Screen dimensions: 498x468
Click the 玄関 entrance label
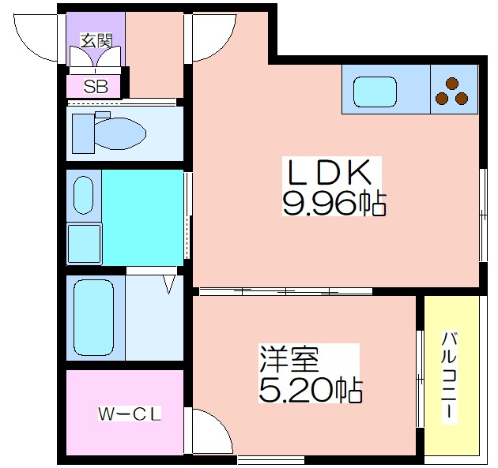(x=96, y=40)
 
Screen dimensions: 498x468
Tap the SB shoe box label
(x=96, y=86)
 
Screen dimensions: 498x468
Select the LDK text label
(x=330, y=173)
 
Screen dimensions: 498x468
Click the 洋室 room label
(x=289, y=358)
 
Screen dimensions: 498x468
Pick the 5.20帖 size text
(x=311, y=389)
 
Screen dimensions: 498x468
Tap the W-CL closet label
(x=130, y=414)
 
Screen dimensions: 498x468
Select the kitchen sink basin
(x=375, y=92)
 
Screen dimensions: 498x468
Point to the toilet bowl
(x=121, y=133)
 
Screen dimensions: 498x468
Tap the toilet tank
(x=84, y=133)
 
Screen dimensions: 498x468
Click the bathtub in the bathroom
(x=94, y=318)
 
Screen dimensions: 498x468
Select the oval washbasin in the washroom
(x=84, y=195)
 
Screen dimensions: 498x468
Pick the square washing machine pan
(x=85, y=243)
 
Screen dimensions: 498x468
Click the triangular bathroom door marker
(x=169, y=284)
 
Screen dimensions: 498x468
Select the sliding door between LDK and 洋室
(x=285, y=290)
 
